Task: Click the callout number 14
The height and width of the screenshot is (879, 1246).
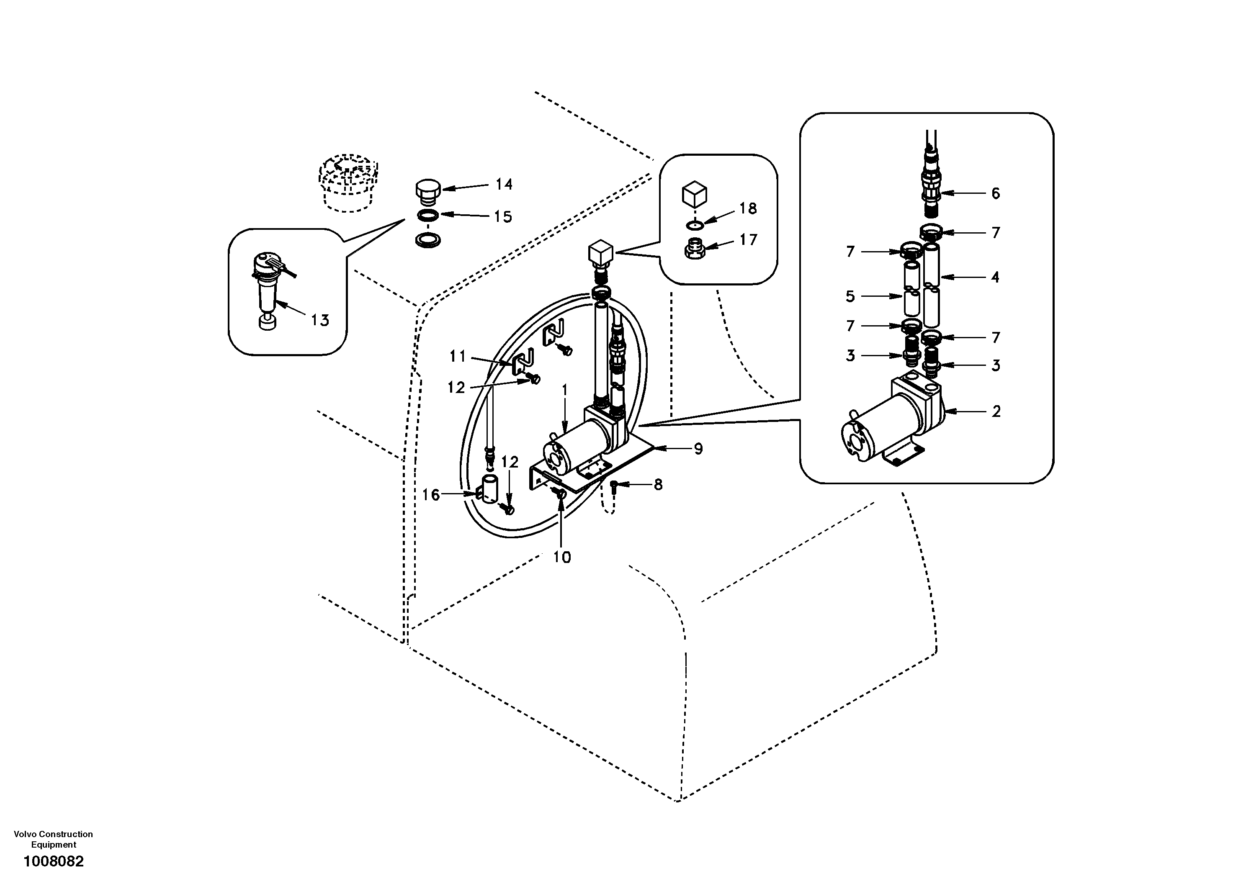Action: pyautogui.click(x=504, y=185)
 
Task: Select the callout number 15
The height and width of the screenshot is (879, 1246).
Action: pyautogui.click(x=503, y=217)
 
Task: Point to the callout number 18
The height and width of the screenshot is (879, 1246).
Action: pyautogui.click(x=748, y=208)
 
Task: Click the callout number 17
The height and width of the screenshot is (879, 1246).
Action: pyautogui.click(x=748, y=239)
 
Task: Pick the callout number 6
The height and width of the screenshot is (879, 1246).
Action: pyautogui.click(x=995, y=194)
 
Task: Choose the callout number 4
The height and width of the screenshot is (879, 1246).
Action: pyautogui.click(x=995, y=277)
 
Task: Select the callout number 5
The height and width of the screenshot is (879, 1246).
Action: pyautogui.click(x=850, y=296)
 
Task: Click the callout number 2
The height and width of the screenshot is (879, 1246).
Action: pyautogui.click(x=996, y=412)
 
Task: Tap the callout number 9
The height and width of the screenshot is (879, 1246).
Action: pyautogui.click(x=698, y=449)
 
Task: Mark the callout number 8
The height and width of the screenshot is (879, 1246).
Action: pyautogui.click(x=658, y=485)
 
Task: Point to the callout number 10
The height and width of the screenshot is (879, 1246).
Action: pyautogui.click(x=562, y=557)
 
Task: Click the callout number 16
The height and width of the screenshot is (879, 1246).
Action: pyautogui.click(x=431, y=495)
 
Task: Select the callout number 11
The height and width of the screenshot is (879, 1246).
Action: pyautogui.click(x=458, y=357)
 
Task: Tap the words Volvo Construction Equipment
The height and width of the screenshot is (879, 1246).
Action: pyautogui.click(x=53, y=839)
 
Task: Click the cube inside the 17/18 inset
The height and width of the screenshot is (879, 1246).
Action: pyautogui.click(x=694, y=194)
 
